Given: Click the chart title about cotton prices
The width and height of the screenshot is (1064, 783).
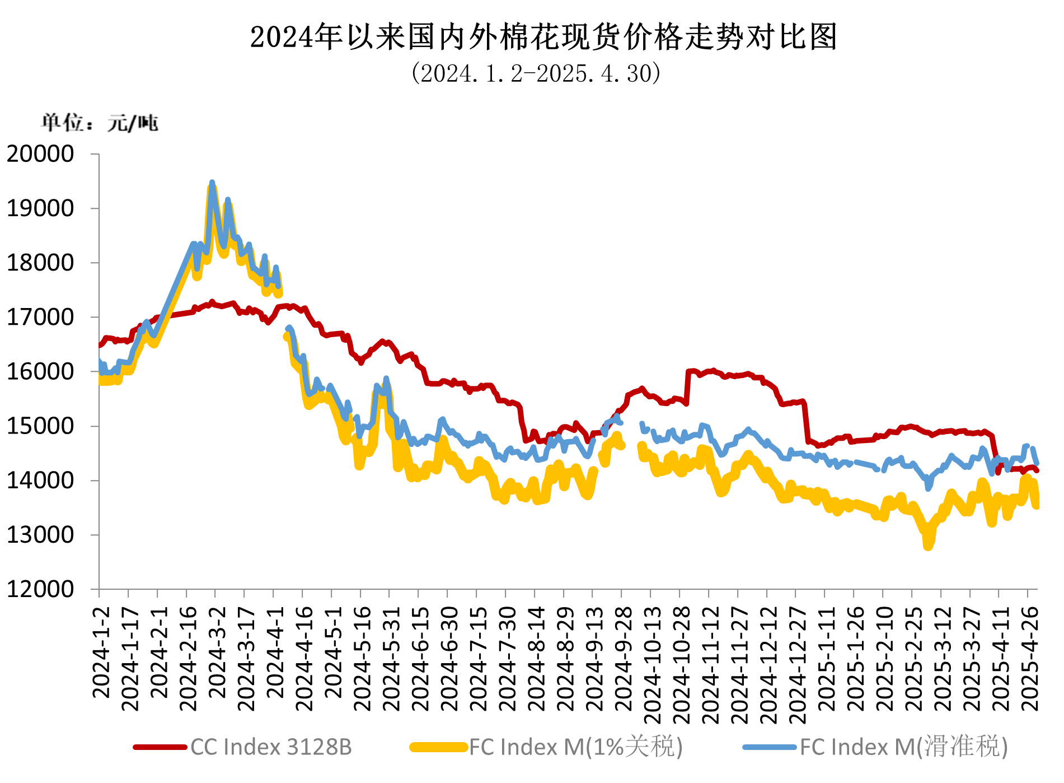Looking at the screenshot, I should coord(543,38).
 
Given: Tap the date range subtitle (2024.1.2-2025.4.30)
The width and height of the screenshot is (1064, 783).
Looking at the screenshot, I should coord(536,73).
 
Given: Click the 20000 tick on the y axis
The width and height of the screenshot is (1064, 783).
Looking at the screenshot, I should coord(40,154).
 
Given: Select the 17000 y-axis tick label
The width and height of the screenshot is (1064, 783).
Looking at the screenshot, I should coord(40,318).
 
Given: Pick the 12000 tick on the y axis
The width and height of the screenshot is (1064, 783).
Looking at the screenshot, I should coord(40,589).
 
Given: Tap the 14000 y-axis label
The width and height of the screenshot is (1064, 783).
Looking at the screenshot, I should coord(40,481).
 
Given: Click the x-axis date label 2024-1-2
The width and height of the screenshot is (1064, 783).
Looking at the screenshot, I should coord(101,652).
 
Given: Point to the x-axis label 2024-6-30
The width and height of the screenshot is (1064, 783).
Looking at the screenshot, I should coord(449,658).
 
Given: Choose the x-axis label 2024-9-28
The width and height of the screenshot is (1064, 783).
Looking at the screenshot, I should coord(624,658).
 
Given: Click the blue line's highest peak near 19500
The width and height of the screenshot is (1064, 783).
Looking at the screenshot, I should coord(212,183).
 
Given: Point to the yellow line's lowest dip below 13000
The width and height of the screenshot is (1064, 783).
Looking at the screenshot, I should coord(928,546).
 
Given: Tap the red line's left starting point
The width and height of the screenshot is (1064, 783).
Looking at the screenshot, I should coord(100,345).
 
